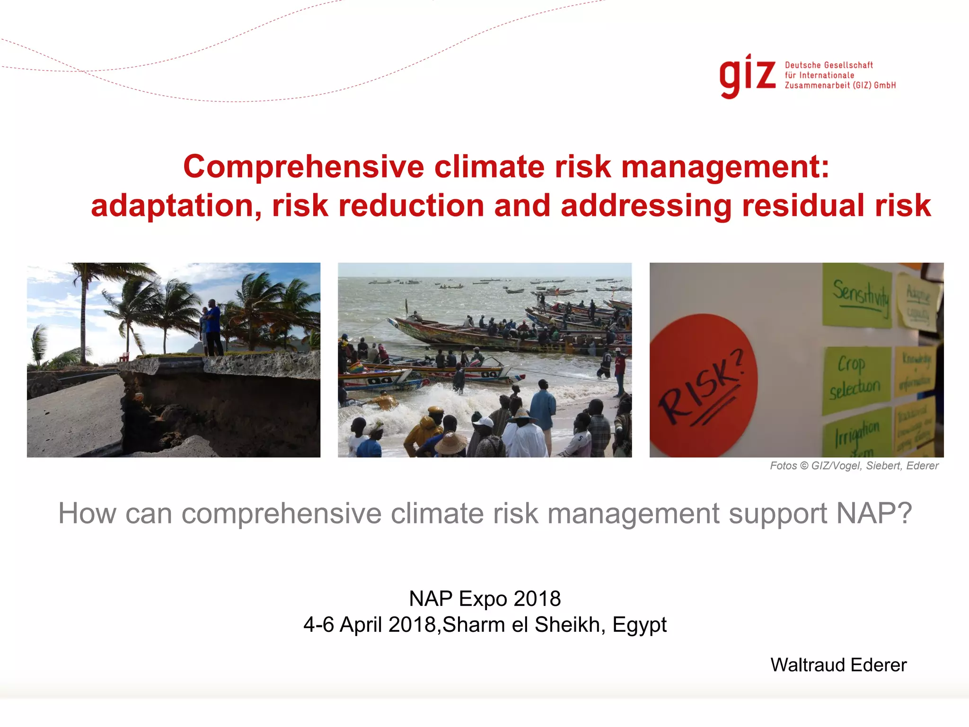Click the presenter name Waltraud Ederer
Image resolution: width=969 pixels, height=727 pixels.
838,665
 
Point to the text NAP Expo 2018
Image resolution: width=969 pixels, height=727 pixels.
484,599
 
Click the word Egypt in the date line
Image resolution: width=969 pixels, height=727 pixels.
639,625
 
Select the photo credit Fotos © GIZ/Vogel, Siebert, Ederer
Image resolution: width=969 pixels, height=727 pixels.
854,466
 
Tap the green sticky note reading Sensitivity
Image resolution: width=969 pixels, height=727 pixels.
857,296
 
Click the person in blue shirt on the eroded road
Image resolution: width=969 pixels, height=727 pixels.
214,327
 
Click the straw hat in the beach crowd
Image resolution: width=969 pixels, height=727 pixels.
450,443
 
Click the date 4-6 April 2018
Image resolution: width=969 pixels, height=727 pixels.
369,625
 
